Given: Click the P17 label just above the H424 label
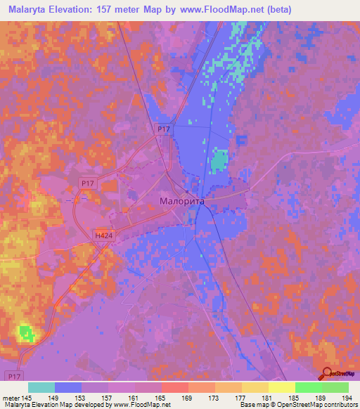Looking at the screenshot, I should [x=87, y=183].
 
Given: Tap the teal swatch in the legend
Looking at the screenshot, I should [x=41, y=387].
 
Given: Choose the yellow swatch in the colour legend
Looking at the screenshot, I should [x=281, y=387].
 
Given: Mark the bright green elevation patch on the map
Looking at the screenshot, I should [x=27, y=332].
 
